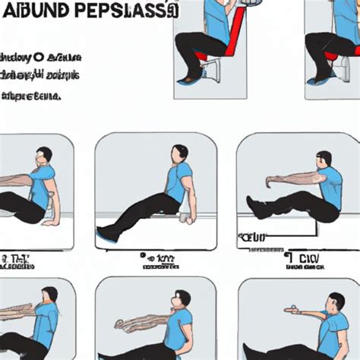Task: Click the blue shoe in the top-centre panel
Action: [x=187, y=75]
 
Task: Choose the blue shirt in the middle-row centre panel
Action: [x=178, y=186]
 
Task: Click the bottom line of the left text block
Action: [x=30, y=96]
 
